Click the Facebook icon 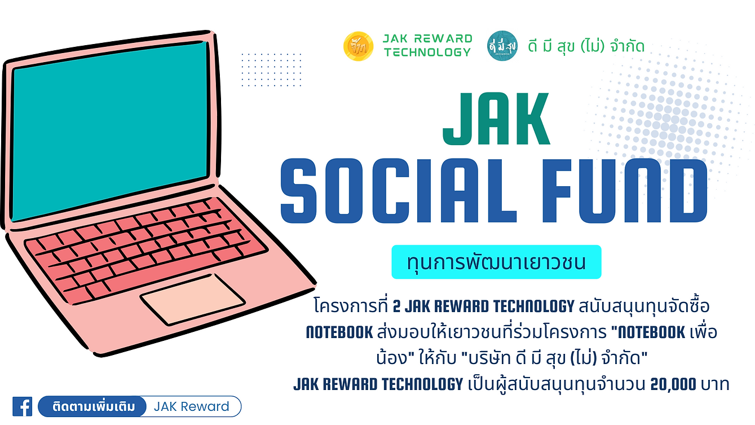tap(22, 406)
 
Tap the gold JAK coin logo tap(358, 46)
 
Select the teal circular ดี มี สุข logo tap(502, 46)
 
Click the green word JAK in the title tap(497, 119)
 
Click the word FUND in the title tap(624, 191)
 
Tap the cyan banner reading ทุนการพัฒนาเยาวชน tap(497, 262)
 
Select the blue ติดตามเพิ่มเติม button tap(92, 406)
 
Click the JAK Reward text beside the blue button tap(192, 406)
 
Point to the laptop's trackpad tap(193, 300)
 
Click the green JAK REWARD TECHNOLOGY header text tap(427, 46)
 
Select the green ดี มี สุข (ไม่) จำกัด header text tap(586, 46)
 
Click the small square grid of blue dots tap(271, 70)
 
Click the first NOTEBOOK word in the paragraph tap(339, 332)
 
